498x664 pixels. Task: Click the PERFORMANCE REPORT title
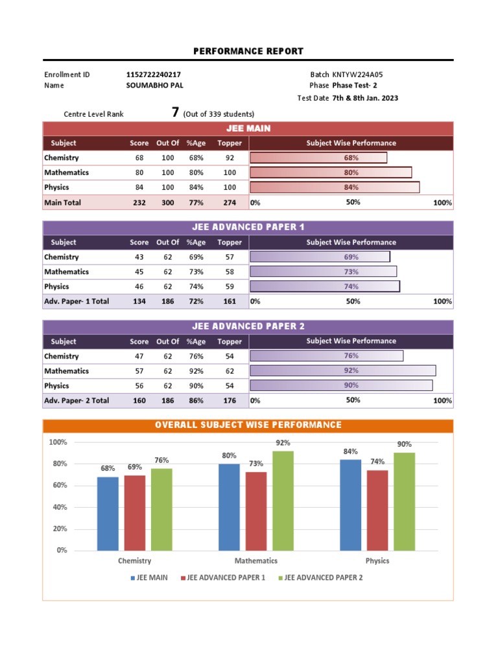pos(248,51)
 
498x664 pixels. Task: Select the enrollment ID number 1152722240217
pos(154,75)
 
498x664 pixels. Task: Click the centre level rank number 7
pos(175,112)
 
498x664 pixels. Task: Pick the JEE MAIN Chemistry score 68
pos(139,158)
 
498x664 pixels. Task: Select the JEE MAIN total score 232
pos(139,203)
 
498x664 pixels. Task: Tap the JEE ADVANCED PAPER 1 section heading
pos(248,227)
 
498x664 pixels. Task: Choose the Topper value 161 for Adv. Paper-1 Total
pos(230,302)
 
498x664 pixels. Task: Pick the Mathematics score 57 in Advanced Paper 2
pos(139,371)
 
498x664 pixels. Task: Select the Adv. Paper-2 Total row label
pos(77,401)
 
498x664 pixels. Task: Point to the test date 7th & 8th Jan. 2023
pos(365,99)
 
